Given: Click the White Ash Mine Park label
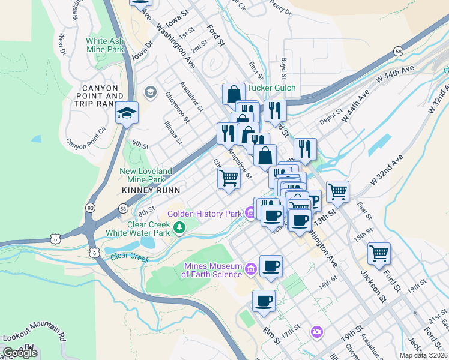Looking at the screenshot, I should pos(105,45).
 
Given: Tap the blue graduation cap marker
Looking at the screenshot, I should pos(127,113).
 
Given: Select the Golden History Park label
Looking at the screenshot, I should pos(205,213).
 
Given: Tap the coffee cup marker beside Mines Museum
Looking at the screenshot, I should pos(270,266).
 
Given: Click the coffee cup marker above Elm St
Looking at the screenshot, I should pos(263,301).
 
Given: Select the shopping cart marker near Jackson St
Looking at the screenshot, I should pos(379,253).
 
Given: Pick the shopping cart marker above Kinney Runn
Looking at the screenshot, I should pos(228,178).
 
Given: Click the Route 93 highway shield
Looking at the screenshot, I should pos(89,207).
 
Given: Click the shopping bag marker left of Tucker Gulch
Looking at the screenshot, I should pos(234,94).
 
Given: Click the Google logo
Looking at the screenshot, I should pos(20,353).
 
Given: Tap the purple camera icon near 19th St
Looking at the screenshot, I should pos(316,332).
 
